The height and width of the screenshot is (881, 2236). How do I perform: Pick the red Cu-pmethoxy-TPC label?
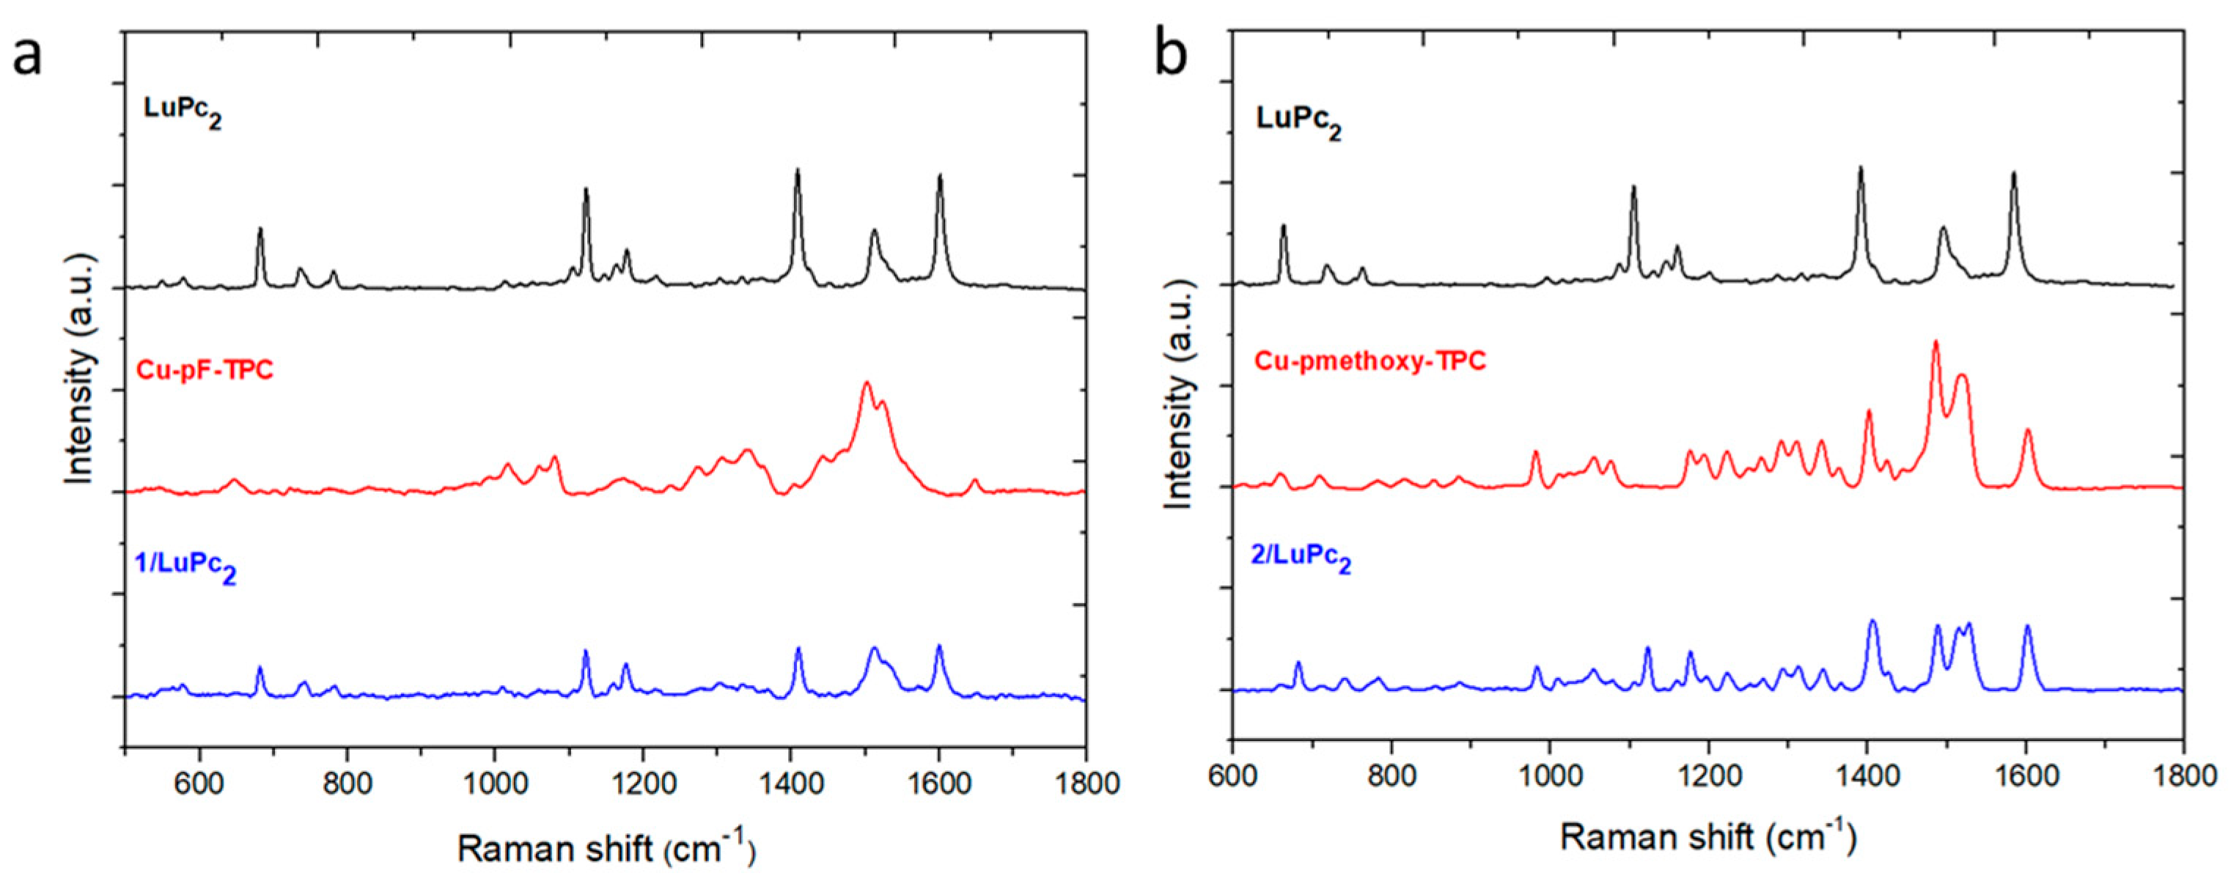click(x=1369, y=360)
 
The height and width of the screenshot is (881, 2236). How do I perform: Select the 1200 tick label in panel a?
click(x=642, y=782)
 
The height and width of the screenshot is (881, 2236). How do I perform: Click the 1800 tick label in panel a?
click(x=1084, y=782)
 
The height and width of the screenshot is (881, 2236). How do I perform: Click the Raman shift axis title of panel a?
click(x=606, y=848)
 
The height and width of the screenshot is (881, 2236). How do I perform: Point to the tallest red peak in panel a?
click(x=865, y=383)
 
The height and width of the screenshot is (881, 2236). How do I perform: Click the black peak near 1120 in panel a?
click(x=586, y=190)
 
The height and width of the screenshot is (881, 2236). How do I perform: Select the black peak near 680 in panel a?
click(x=260, y=230)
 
